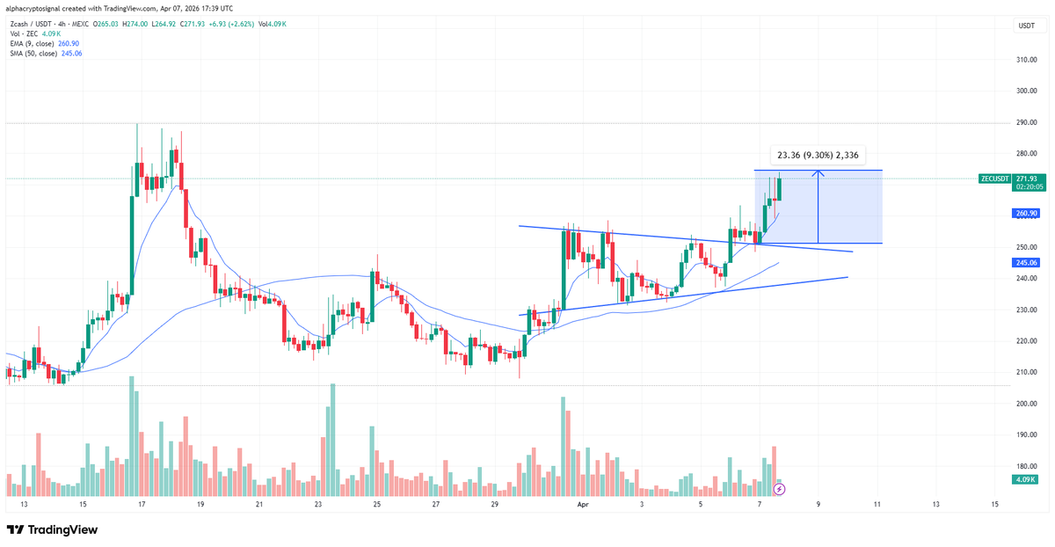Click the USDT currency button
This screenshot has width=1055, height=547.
(x=1026, y=26)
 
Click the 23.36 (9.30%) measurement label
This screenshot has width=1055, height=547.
(x=818, y=155)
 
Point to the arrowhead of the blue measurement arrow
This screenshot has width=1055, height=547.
(x=819, y=172)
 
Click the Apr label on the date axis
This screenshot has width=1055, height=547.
(x=583, y=504)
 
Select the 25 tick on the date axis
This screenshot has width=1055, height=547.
(x=376, y=504)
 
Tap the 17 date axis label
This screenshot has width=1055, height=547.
(x=142, y=504)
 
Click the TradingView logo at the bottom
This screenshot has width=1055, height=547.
(x=52, y=529)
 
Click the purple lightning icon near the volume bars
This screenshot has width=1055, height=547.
(x=778, y=488)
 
